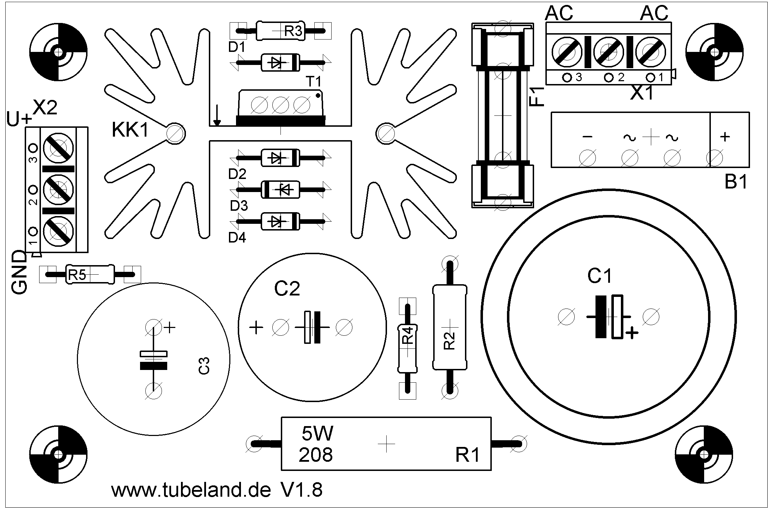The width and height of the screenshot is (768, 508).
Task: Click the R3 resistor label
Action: tap(293, 32)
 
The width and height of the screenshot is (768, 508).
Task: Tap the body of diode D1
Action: tap(280, 62)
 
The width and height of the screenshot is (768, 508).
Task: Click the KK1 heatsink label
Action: tap(131, 130)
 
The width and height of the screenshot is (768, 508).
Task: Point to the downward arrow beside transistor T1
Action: tap(217, 115)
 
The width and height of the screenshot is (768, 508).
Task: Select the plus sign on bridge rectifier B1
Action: tap(725, 137)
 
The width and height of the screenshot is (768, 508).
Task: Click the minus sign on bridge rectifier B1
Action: tap(587, 137)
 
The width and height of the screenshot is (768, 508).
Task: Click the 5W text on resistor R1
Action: tap(317, 434)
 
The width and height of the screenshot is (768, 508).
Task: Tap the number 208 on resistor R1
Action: tap(315, 455)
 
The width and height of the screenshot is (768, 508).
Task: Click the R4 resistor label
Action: tap(408, 336)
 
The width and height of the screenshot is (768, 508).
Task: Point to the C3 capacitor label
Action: tap(204, 366)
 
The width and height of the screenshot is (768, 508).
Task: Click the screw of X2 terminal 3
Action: tap(58, 148)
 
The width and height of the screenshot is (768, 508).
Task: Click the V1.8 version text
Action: tap(302, 490)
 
